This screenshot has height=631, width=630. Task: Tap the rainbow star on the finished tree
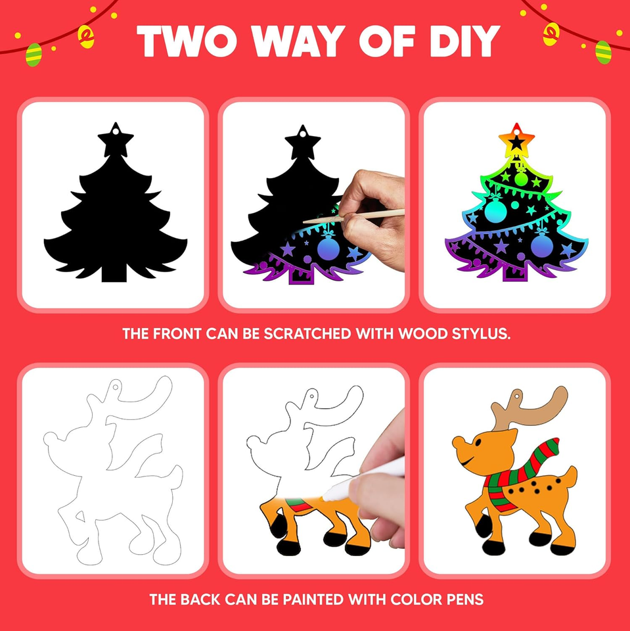[516, 139]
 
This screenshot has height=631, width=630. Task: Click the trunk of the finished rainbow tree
[516, 269]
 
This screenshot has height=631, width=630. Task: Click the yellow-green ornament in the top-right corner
[602, 51]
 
